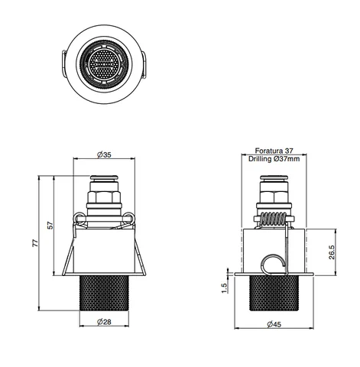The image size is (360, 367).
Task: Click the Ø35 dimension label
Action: [104, 154]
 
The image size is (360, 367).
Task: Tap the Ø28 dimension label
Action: [104, 322]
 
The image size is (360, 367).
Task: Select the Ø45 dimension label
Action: [274, 324]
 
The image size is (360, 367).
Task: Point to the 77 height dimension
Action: [35, 243]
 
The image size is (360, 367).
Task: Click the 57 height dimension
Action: [50, 226]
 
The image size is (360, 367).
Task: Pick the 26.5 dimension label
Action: [332, 252]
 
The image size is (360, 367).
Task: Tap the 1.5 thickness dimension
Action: [224, 288]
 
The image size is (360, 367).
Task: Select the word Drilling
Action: [260, 159]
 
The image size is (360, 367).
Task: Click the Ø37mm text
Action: [287, 159]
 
